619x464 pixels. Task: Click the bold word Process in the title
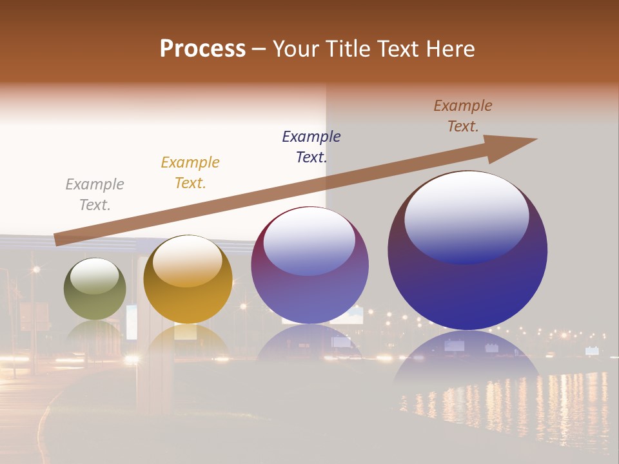coord(202,48)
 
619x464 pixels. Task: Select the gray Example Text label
coord(95,195)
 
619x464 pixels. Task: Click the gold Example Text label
coord(190,173)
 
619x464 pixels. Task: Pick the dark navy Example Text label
coord(311,147)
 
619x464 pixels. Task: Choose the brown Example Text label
coord(463,116)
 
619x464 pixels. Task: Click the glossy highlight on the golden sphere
coord(188,260)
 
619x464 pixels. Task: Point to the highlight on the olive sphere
coord(95,275)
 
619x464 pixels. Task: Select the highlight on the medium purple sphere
coord(309,240)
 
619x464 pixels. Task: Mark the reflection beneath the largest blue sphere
coord(467,361)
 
